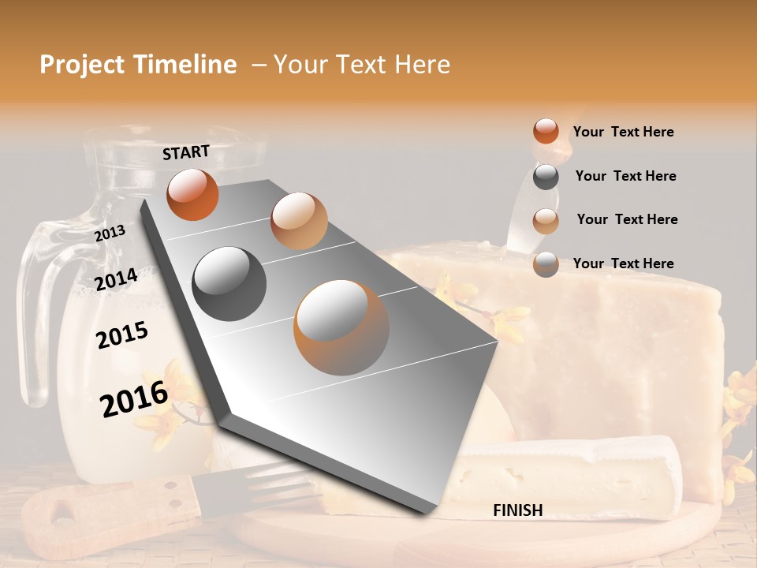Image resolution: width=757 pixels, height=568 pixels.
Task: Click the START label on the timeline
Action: [186, 152]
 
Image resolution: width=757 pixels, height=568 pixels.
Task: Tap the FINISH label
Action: [518, 510]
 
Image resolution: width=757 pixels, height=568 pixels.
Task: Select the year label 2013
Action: [110, 233]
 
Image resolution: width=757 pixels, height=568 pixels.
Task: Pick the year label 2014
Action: [117, 279]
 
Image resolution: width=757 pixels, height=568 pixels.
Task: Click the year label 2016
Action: [134, 399]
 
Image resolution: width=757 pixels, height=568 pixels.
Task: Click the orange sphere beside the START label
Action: [192, 194]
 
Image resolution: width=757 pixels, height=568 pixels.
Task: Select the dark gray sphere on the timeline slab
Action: [229, 284]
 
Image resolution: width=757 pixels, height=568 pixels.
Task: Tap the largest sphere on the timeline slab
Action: [341, 327]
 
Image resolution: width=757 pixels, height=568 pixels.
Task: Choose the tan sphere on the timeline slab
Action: [299, 221]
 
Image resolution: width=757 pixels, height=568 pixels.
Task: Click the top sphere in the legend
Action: [546, 131]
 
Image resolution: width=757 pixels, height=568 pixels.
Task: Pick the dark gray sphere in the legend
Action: [546, 177]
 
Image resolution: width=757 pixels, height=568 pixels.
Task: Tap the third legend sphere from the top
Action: [546, 221]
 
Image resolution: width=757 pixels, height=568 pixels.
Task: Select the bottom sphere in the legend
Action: [546, 264]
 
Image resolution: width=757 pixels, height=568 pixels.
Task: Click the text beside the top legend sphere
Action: [624, 132]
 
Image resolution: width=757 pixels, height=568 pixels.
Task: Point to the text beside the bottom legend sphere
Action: [624, 263]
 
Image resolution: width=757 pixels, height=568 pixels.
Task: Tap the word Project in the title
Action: [82, 65]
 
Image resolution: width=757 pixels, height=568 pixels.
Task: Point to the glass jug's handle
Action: [35, 316]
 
